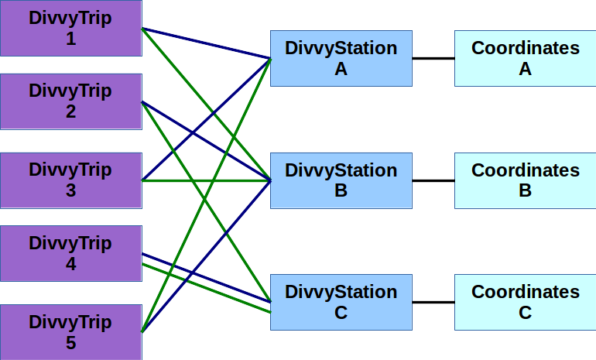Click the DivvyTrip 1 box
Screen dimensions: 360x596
(70, 28)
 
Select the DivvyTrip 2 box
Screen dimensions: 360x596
(70, 101)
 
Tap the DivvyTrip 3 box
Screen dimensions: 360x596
(70, 180)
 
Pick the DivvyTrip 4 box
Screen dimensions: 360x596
(70, 254)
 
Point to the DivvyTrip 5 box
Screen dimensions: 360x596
(70, 332)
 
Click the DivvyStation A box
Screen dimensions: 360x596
(341, 58)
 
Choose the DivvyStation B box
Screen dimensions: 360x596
(341, 180)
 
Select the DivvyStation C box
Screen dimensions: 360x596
(341, 302)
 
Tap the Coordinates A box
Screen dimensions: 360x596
(525, 58)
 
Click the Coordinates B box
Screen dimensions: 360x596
(525, 180)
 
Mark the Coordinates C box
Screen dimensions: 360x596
(525, 302)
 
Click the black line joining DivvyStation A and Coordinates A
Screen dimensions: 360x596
(433, 58)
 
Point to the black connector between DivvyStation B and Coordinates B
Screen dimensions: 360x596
(433, 180)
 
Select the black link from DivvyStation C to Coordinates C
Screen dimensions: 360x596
(433, 302)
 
